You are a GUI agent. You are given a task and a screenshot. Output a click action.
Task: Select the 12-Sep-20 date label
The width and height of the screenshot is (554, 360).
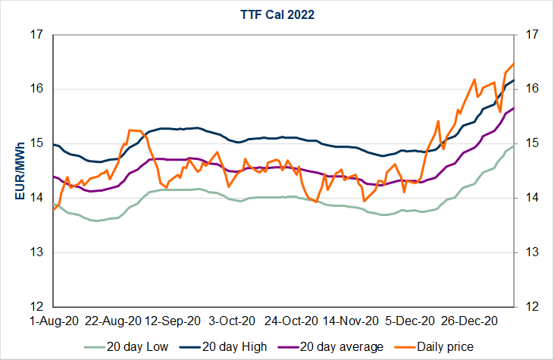click(x=173, y=321)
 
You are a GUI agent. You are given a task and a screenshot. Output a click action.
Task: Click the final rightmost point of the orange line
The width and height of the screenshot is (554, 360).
click(x=514, y=63)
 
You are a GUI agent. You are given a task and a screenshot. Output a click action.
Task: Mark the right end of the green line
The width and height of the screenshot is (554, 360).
click(x=514, y=145)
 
